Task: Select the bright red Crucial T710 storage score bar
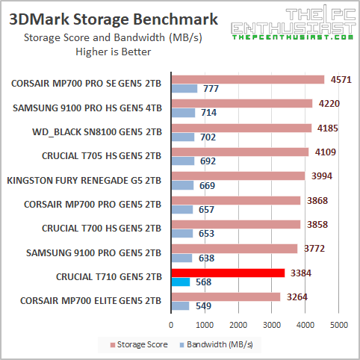pos(228,272)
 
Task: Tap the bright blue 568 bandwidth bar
pos(181,282)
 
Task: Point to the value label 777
pos(209,90)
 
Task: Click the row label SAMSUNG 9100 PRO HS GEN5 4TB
pos(87,108)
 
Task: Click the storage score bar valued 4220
pos(241,104)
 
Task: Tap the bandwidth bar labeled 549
pos(180,306)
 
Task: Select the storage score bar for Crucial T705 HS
pos(239,152)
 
